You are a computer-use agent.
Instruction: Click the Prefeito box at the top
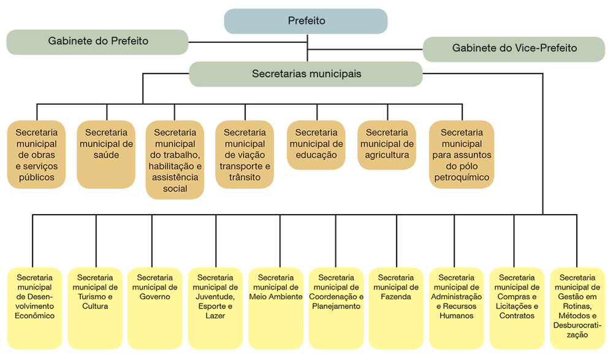(x=306, y=21)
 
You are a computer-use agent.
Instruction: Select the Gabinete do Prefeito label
(x=98, y=41)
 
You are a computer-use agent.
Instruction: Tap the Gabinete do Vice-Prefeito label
(x=514, y=48)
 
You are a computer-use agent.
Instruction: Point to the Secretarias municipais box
(x=306, y=74)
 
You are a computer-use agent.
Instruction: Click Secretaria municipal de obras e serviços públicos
(x=37, y=155)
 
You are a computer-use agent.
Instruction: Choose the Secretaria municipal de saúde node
(x=107, y=144)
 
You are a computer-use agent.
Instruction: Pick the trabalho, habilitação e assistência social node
(x=175, y=160)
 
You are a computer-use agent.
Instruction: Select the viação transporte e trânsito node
(x=245, y=155)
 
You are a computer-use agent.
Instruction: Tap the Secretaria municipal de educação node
(x=316, y=144)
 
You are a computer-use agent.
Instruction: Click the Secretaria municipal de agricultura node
(x=387, y=144)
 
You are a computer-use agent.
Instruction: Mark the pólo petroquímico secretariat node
(x=462, y=155)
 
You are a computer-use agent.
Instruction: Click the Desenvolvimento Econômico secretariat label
(x=35, y=297)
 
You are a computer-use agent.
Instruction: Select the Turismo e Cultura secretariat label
(x=95, y=292)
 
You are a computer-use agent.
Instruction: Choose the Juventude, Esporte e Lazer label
(x=216, y=297)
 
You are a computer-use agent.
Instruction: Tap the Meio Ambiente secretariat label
(x=276, y=287)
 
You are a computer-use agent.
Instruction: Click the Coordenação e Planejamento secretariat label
(x=337, y=292)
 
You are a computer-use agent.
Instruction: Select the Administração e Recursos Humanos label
(x=457, y=297)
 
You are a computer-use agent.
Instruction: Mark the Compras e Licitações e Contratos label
(x=517, y=297)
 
